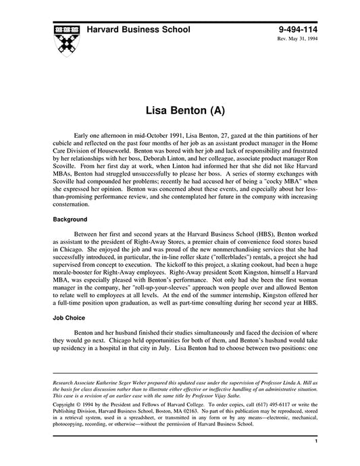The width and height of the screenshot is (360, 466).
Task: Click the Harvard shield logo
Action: (64, 40)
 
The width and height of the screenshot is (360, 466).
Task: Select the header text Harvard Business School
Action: (138, 30)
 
